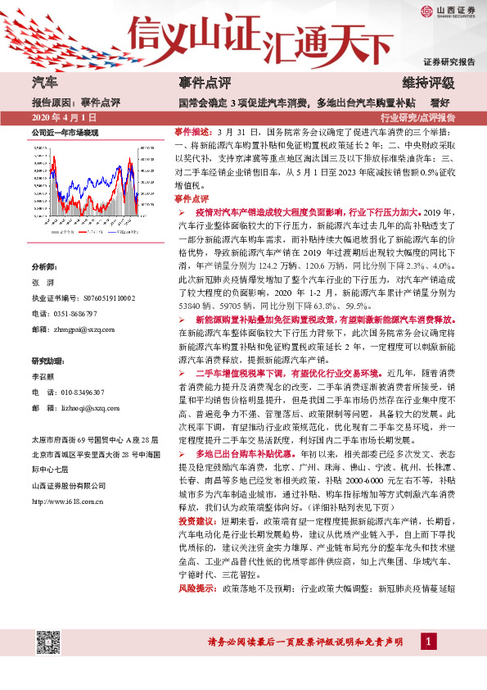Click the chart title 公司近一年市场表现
[65, 132]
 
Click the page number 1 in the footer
[426, 662]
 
